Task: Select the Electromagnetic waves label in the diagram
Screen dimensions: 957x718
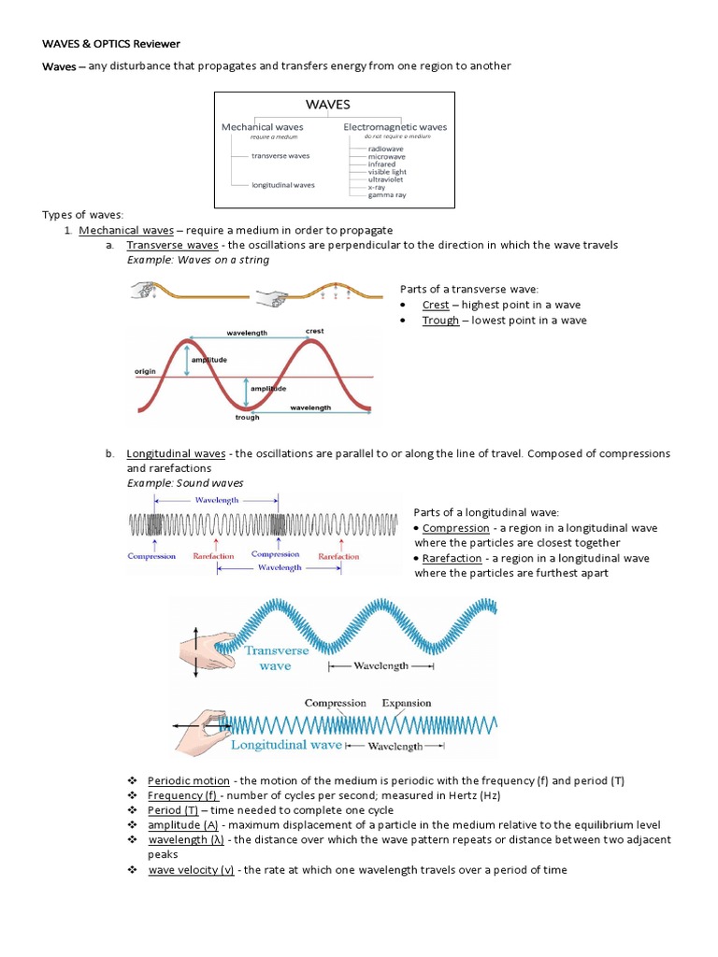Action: (x=395, y=127)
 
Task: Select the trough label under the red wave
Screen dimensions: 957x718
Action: (x=248, y=417)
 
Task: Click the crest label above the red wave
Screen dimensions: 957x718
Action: (x=315, y=331)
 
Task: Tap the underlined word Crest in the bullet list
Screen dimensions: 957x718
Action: (x=436, y=305)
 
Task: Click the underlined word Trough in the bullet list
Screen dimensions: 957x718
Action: (x=440, y=320)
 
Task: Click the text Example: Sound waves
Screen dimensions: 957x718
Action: (x=185, y=483)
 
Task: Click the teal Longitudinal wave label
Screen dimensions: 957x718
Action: (x=286, y=745)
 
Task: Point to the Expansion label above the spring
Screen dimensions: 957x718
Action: (x=407, y=703)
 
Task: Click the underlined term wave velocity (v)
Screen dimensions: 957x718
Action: (x=191, y=870)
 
